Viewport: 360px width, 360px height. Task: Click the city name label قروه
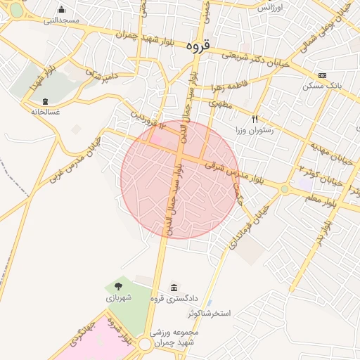pos(198,44)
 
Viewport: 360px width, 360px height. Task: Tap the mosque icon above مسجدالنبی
pos(62,10)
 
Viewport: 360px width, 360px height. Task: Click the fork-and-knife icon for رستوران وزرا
pos(255,120)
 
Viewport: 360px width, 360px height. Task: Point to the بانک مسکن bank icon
pos(322,76)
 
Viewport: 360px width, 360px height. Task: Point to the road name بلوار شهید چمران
pos(117,32)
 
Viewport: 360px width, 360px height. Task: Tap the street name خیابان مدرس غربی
pos(75,159)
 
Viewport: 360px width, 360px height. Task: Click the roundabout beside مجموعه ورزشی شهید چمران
pos(145,344)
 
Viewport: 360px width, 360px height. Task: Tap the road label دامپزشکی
pos(98,72)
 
